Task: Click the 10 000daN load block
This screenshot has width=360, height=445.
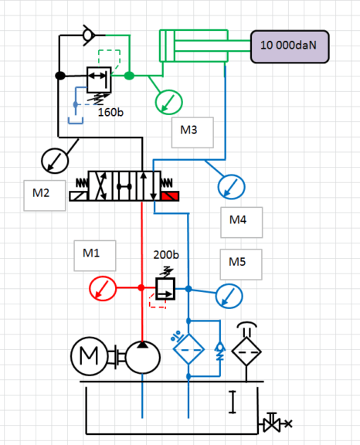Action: pos(290,46)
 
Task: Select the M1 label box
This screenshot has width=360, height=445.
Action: pos(95,256)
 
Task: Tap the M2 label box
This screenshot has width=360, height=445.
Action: pos(45,195)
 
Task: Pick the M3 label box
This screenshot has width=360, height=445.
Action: pos(192,133)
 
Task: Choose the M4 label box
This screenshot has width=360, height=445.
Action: pos(242,222)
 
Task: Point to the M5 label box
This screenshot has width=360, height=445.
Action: pos(241,264)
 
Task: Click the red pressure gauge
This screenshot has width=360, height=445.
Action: pos(103,288)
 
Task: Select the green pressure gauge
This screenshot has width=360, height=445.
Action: pos(168,102)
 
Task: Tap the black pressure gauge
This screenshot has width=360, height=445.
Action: pos(55,161)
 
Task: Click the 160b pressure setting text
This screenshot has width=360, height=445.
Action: pos(110,112)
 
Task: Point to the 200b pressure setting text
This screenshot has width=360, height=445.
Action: pos(166,255)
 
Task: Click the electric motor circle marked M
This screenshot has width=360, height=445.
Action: pos(90,356)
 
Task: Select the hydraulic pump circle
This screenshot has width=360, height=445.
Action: pos(143,357)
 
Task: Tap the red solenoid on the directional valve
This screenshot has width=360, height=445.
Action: pos(170,196)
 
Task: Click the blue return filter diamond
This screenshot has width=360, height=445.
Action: pos(188,349)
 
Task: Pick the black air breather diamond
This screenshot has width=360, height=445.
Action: pos(246,352)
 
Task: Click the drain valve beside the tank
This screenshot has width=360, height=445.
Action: pos(272,423)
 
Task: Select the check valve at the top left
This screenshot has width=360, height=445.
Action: pos(89,36)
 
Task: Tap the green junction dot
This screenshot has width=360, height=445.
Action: pos(129,76)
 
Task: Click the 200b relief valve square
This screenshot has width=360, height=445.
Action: pos(165,289)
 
